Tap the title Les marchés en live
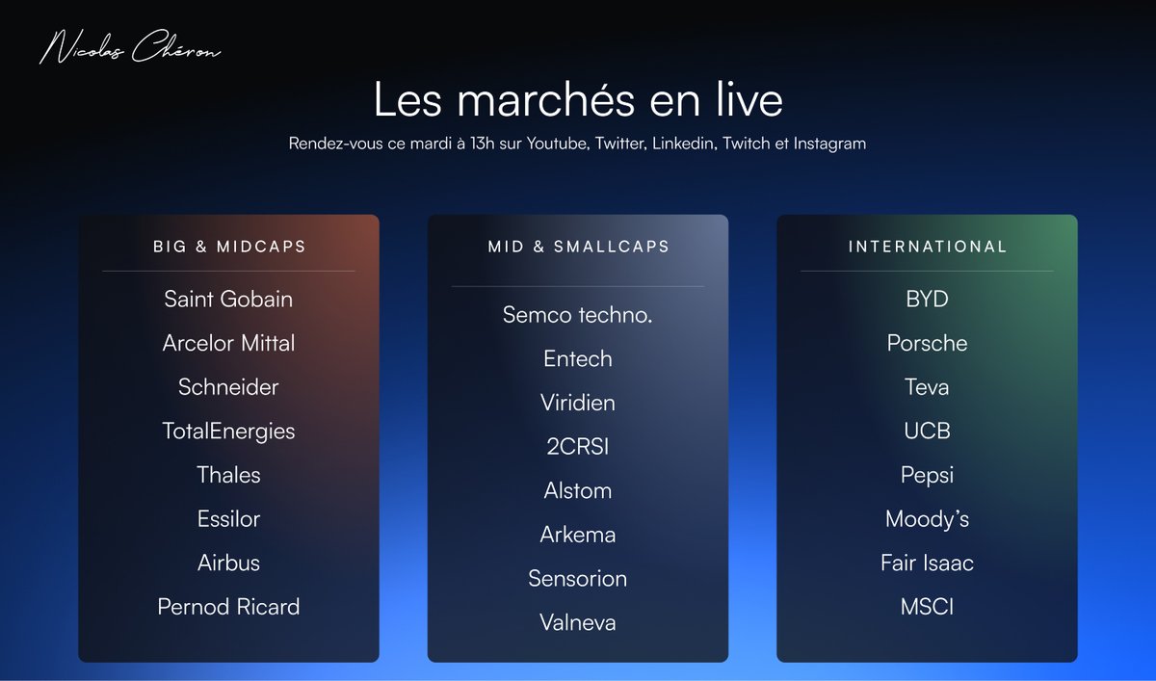click(578, 100)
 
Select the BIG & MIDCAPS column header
click(229, 247)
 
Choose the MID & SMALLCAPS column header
click(578, 247)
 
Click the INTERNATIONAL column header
click(927, 247)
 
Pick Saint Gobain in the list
click(228, 299)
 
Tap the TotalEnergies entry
click(228, 431)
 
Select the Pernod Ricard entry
click(228, 607)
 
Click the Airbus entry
click(228, 563)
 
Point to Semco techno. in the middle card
click(578, 314)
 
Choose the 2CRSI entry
click(578, 446)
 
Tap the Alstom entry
click(578, 490)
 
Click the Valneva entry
click(578, 622)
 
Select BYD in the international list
click(927, 299)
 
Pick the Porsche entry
click(927, 343)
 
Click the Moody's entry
click(927, 519)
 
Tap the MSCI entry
click(927, 607)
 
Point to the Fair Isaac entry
click(927, 563)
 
